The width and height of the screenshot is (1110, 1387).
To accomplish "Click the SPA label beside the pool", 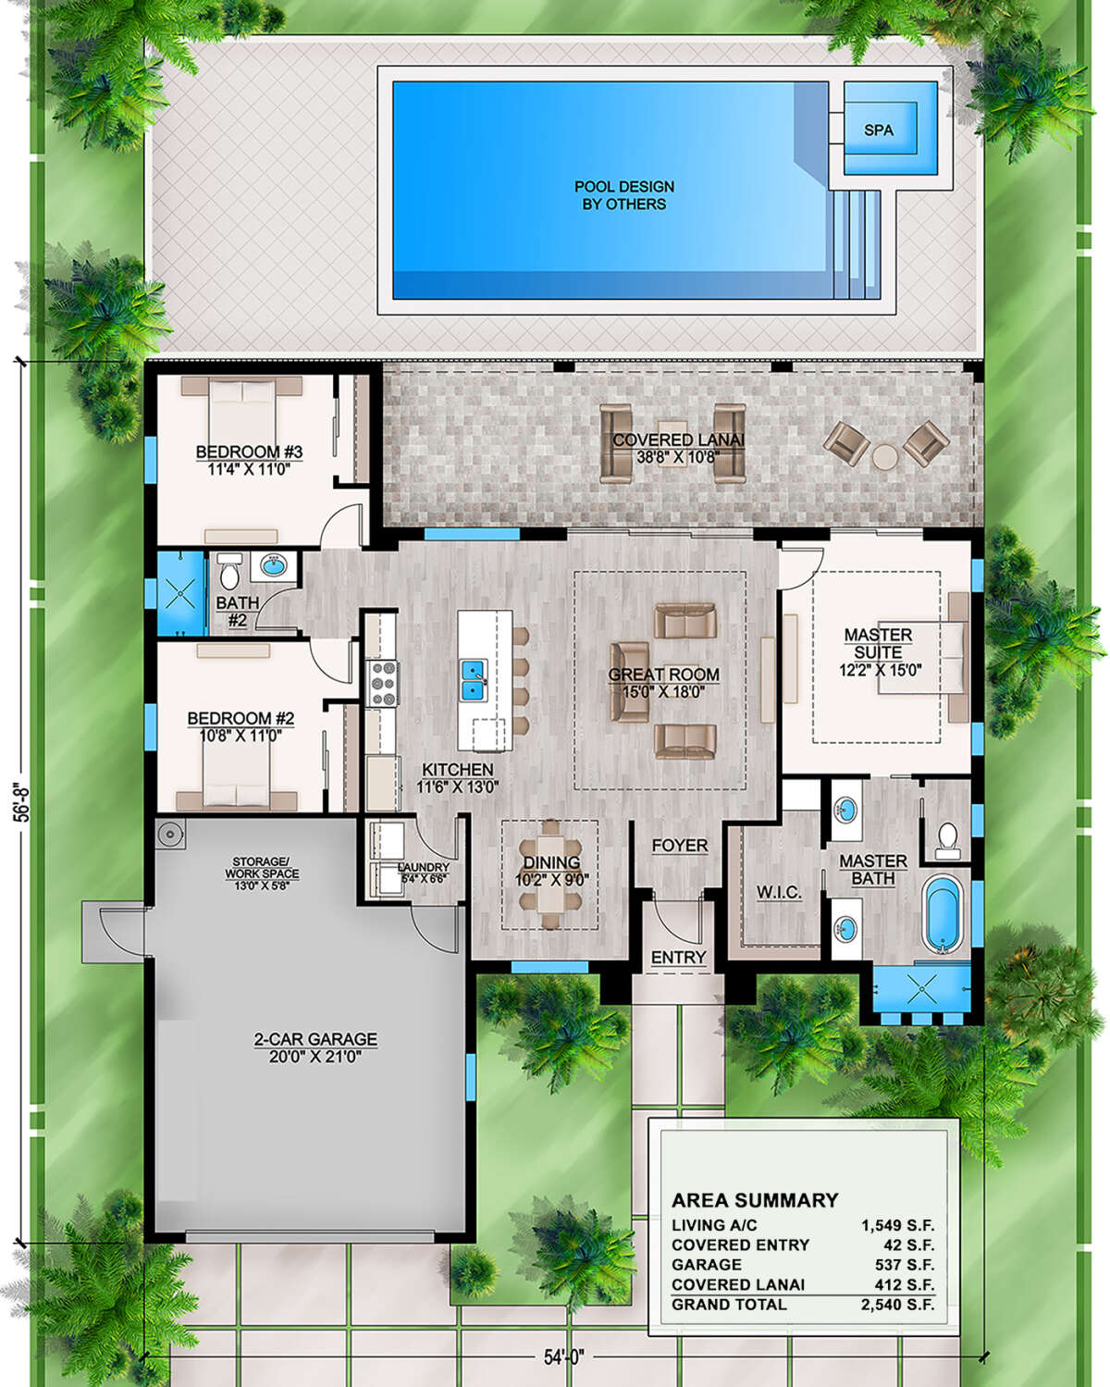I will pos(878,130).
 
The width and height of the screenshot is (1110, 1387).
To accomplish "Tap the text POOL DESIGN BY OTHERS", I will pos(623,195).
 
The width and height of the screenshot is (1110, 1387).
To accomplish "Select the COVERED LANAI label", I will pos(678,440).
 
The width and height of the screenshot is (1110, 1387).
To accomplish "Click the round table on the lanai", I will pos(885,457).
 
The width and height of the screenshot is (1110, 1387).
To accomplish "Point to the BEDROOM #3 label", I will pos(249,452).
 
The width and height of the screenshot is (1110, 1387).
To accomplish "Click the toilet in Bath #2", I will pos(228,572).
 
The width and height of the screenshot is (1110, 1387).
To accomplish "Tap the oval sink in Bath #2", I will pos(274,565).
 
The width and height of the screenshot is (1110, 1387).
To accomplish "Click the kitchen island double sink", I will pos(473,678).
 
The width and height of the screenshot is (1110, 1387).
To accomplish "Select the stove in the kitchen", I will pos(382,684).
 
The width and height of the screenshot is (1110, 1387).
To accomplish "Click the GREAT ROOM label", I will pos(663,675).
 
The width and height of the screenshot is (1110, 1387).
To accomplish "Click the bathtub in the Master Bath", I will pos(943,914).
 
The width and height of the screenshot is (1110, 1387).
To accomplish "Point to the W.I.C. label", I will pos(779,893).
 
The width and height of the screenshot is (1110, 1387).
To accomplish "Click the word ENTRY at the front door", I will pos(678,958).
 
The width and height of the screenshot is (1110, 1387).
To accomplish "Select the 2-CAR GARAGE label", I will pos(315,1039).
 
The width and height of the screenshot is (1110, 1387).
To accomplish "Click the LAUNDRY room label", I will pos(423,868).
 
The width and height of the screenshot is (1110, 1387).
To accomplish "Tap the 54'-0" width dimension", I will pos(562,1358).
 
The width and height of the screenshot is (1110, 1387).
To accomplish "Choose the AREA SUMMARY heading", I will pos(755,1200).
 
